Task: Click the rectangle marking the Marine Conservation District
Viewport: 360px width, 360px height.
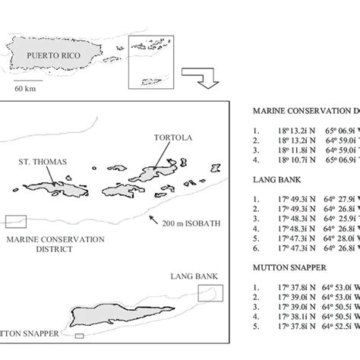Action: point(15,221)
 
